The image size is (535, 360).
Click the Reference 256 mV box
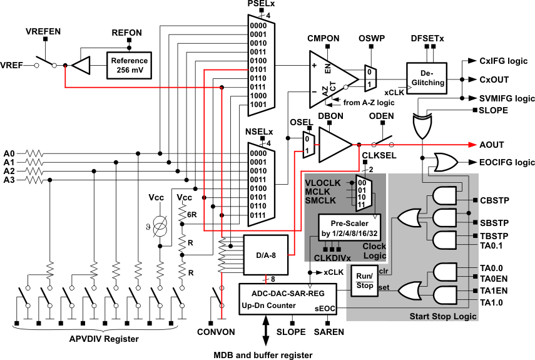point(128,64)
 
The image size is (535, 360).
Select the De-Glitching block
point(428,77)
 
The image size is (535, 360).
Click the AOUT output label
point(491,144)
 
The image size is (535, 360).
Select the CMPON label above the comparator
point(323,39)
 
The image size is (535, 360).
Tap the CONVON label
point(216,331)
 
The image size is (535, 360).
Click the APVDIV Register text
point(104,339)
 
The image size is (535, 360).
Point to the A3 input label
point(9,180)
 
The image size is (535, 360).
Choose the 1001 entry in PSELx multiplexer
point(258,105)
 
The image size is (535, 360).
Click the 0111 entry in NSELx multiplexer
point(258,215)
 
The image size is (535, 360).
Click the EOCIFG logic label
point(506,163)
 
